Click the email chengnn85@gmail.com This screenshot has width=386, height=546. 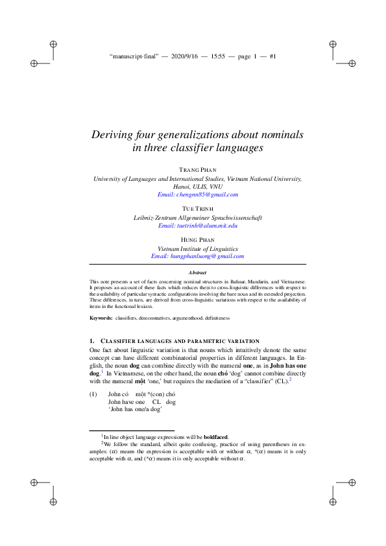[x=198, y=194]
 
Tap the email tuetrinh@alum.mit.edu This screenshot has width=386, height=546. [x=198, y=225]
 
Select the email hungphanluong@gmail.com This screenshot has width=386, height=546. [x=198, y=256]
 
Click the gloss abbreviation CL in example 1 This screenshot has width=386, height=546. [x=156, y=402]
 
